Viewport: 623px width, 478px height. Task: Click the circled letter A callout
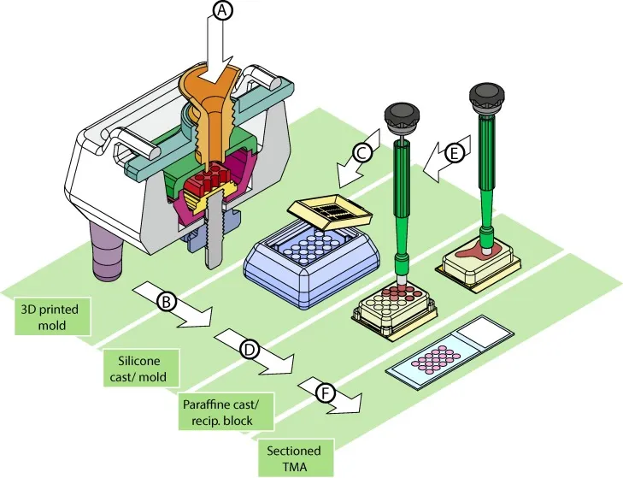(x=222, y=10)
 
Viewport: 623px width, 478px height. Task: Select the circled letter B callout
(x=167, y=302)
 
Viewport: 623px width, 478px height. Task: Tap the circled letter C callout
(x=361, y=152)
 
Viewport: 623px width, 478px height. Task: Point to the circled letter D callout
(x=250, y=349)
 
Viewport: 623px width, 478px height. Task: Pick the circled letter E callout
(x=455, y=153)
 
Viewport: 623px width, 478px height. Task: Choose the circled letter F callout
(x=326, y=393)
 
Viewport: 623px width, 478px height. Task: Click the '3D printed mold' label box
(x=52, y=316)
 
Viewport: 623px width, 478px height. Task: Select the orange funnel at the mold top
(x=209, y=111)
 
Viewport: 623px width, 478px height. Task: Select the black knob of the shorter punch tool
(x=403, y=119)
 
